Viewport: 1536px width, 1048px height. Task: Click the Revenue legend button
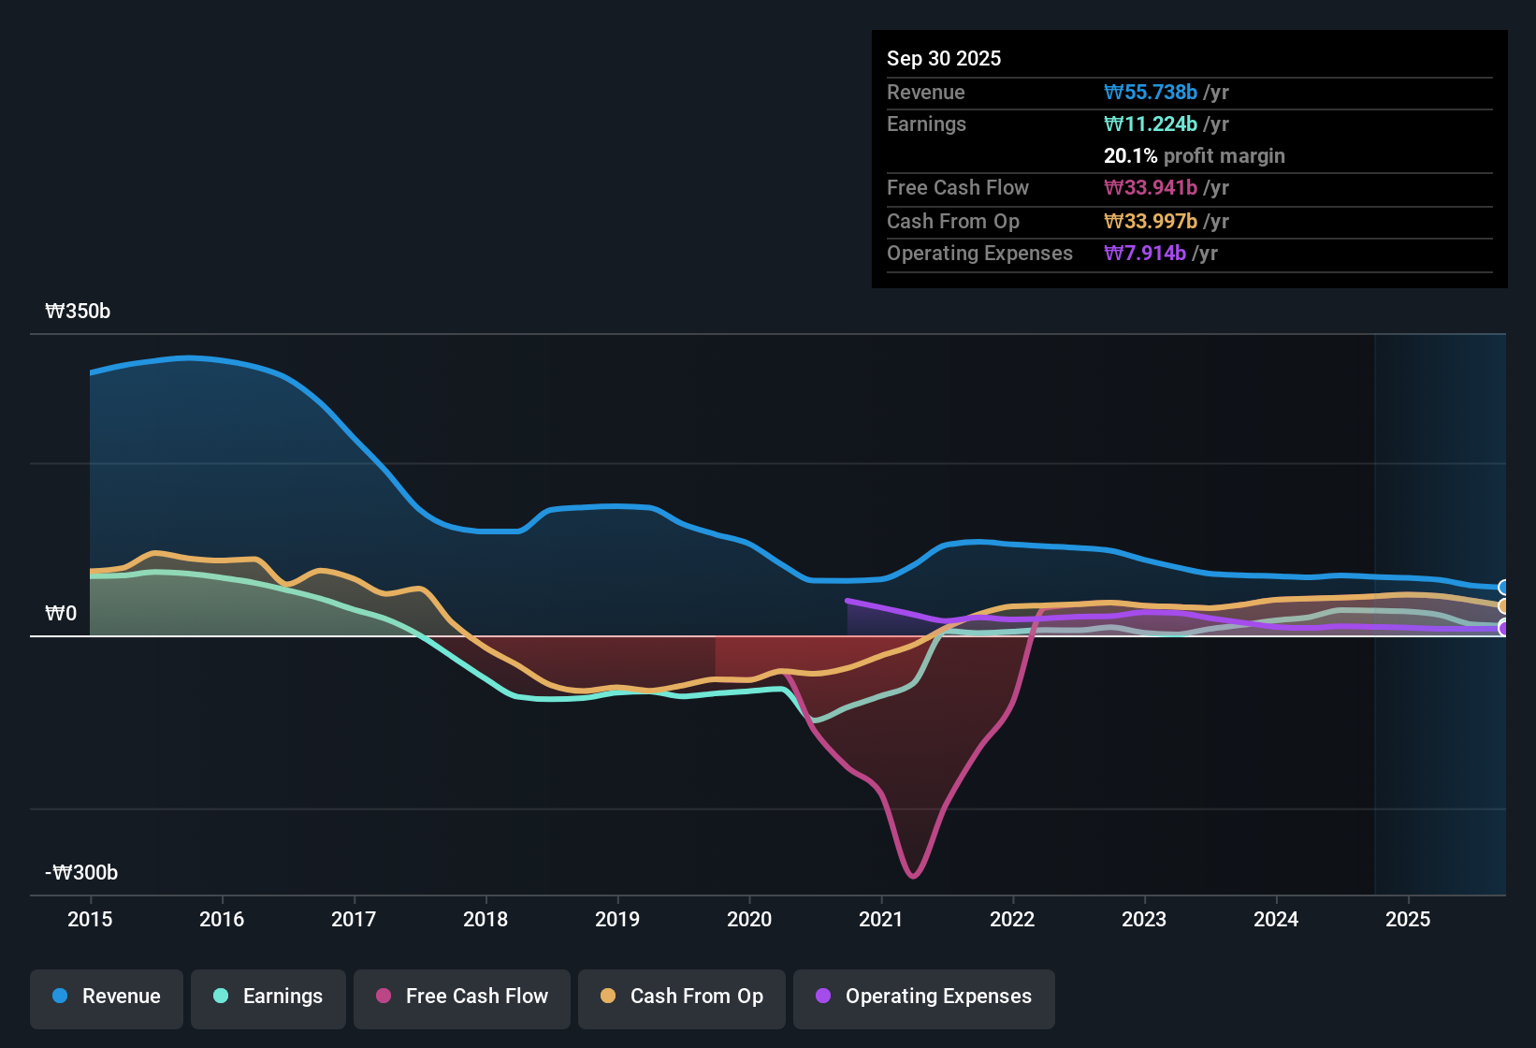click(x=107, y=997)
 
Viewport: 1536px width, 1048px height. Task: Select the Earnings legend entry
click(x=268, y=997)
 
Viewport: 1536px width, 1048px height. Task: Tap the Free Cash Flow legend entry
click(x=462, y=997)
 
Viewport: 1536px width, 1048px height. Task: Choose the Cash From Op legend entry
click(x=682, y=997)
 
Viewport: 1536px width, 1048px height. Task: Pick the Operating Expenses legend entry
click(x=924, y=997)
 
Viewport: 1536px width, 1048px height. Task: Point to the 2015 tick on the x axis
click(x=90, y=919)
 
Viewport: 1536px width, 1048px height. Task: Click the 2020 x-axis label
click(x=749, y=919)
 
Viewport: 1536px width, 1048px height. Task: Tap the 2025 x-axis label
click(x=1408, y=919)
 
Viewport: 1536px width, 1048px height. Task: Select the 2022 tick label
click(x=1012, y=919)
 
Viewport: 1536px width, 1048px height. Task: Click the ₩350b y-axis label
click(x=78, y=312)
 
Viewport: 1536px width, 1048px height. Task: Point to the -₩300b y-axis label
click(x=81, y=873)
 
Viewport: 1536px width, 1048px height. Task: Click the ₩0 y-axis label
click(x=61, y=614)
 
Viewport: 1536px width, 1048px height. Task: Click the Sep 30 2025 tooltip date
click(x=944, y=58)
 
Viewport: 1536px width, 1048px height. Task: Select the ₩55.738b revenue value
click(x=1151, y=92)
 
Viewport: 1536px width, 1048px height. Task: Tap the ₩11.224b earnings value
click(x=1151, y=124)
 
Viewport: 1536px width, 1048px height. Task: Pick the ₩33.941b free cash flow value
click(x=1151, y=187)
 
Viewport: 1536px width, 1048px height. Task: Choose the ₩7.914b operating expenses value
click(x=1145, y=253)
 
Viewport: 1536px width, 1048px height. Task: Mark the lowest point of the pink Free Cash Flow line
click(x=913, y=877)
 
